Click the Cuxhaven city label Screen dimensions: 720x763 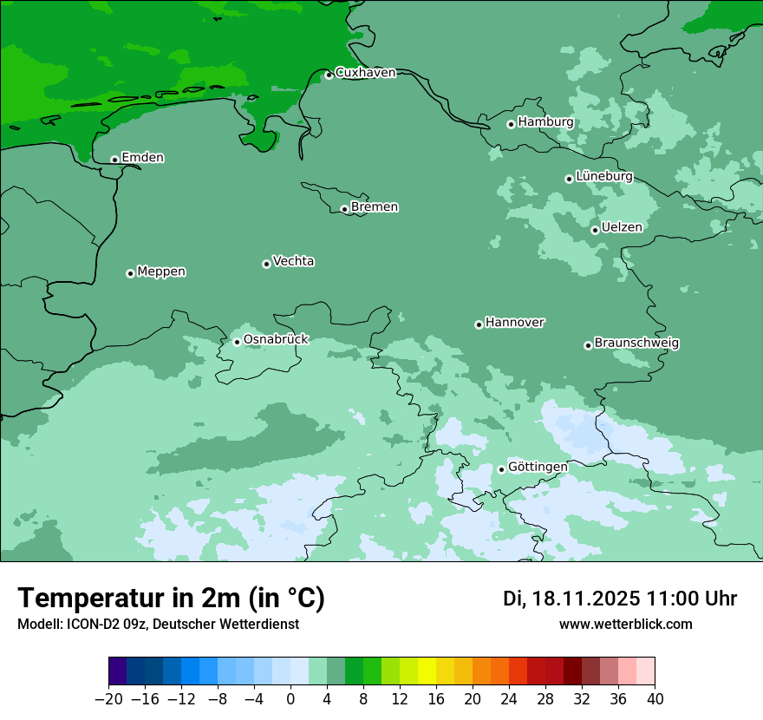click(x=365, y=73)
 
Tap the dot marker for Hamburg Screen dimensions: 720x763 click(x=511, y=124)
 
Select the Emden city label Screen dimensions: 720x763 click(x=142, y=158)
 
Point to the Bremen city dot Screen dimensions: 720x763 click(x=344, y=209)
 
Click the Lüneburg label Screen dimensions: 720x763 click(x=604, y=176)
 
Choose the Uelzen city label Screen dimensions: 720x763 click(x=622, y=227)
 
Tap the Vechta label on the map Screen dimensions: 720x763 click(x=293, y=261)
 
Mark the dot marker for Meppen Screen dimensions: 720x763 click(x=130, y=273)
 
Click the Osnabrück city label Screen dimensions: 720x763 click(x=276, y=339)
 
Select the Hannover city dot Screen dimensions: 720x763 click(x=479, y=324)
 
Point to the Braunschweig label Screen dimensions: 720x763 click(x=636, y=343)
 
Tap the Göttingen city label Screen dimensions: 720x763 click(x=538, y=467)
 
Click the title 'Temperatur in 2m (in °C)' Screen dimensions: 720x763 click(x=171, y=599)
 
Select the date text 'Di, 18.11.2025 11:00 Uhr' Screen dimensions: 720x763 click(x=620, y=599)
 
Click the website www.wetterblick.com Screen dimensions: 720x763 click(x=625, y=624)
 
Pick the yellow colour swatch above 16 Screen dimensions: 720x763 click(x=427, y=671)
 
